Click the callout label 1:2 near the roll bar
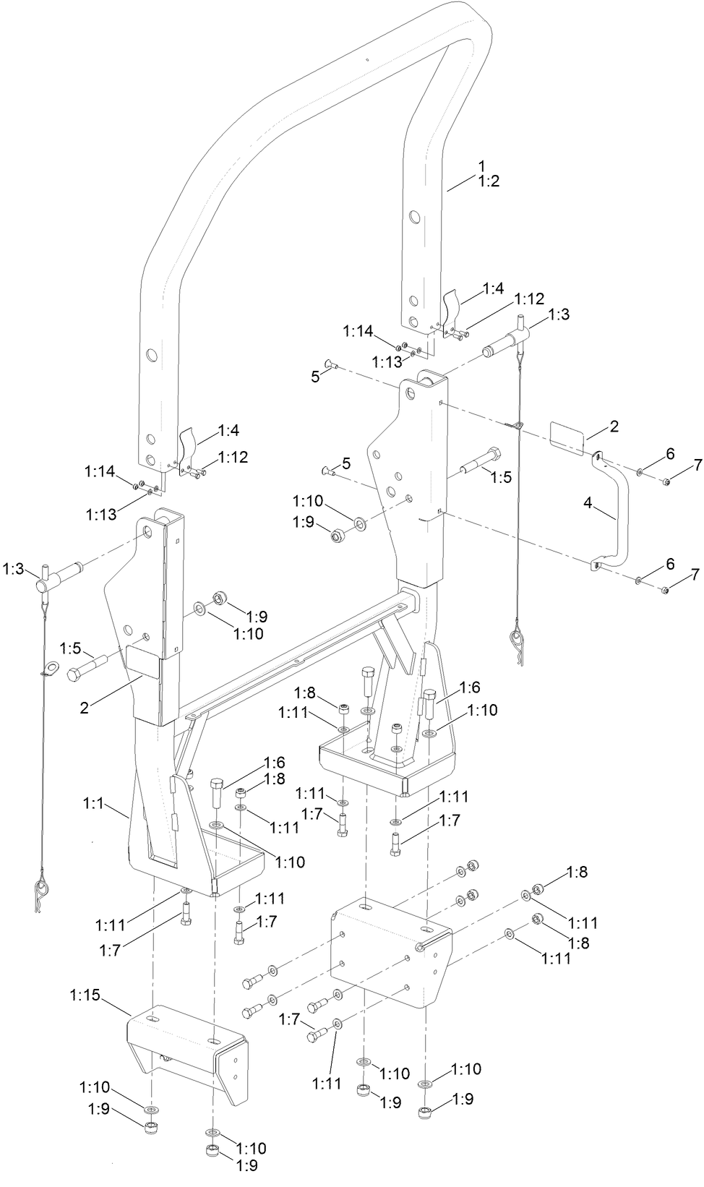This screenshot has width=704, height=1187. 489,181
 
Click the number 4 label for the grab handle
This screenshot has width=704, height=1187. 588,503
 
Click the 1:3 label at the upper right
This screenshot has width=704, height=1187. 559,314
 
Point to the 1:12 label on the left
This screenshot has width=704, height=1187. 233,457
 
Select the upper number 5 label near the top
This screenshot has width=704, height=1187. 314,376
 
